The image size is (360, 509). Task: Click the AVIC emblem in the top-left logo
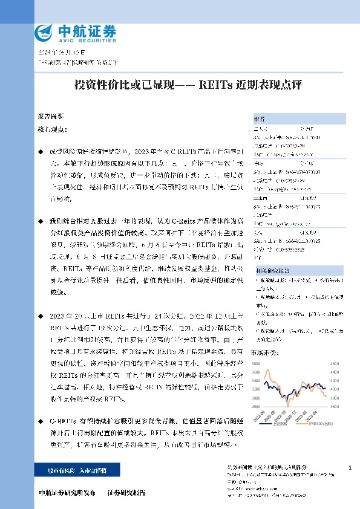pos(46,32)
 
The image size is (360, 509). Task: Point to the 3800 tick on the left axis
pos(255,363)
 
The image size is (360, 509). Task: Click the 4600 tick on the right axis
pos(335,363)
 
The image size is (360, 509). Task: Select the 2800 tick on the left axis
pos(255,406)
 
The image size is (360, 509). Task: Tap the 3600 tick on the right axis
pos(335,406)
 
